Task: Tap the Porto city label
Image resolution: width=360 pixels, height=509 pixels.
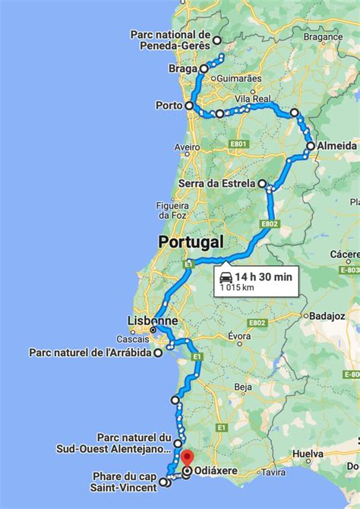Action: coord(169,106)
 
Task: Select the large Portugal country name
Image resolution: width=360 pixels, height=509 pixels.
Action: coord(191,242)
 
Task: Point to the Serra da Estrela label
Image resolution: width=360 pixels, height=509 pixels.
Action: coord(217,183)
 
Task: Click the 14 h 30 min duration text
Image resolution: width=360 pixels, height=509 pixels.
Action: coord(264,277)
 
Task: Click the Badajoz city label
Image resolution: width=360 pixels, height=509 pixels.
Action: coord(327,315)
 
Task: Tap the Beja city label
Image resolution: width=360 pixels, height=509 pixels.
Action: coord(243,387)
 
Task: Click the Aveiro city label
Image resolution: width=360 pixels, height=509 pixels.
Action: coord(187,147)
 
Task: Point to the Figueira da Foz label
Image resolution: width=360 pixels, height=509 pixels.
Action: coord(171,210)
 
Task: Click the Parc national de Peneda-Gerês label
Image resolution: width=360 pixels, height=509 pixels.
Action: coord(170,40)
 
